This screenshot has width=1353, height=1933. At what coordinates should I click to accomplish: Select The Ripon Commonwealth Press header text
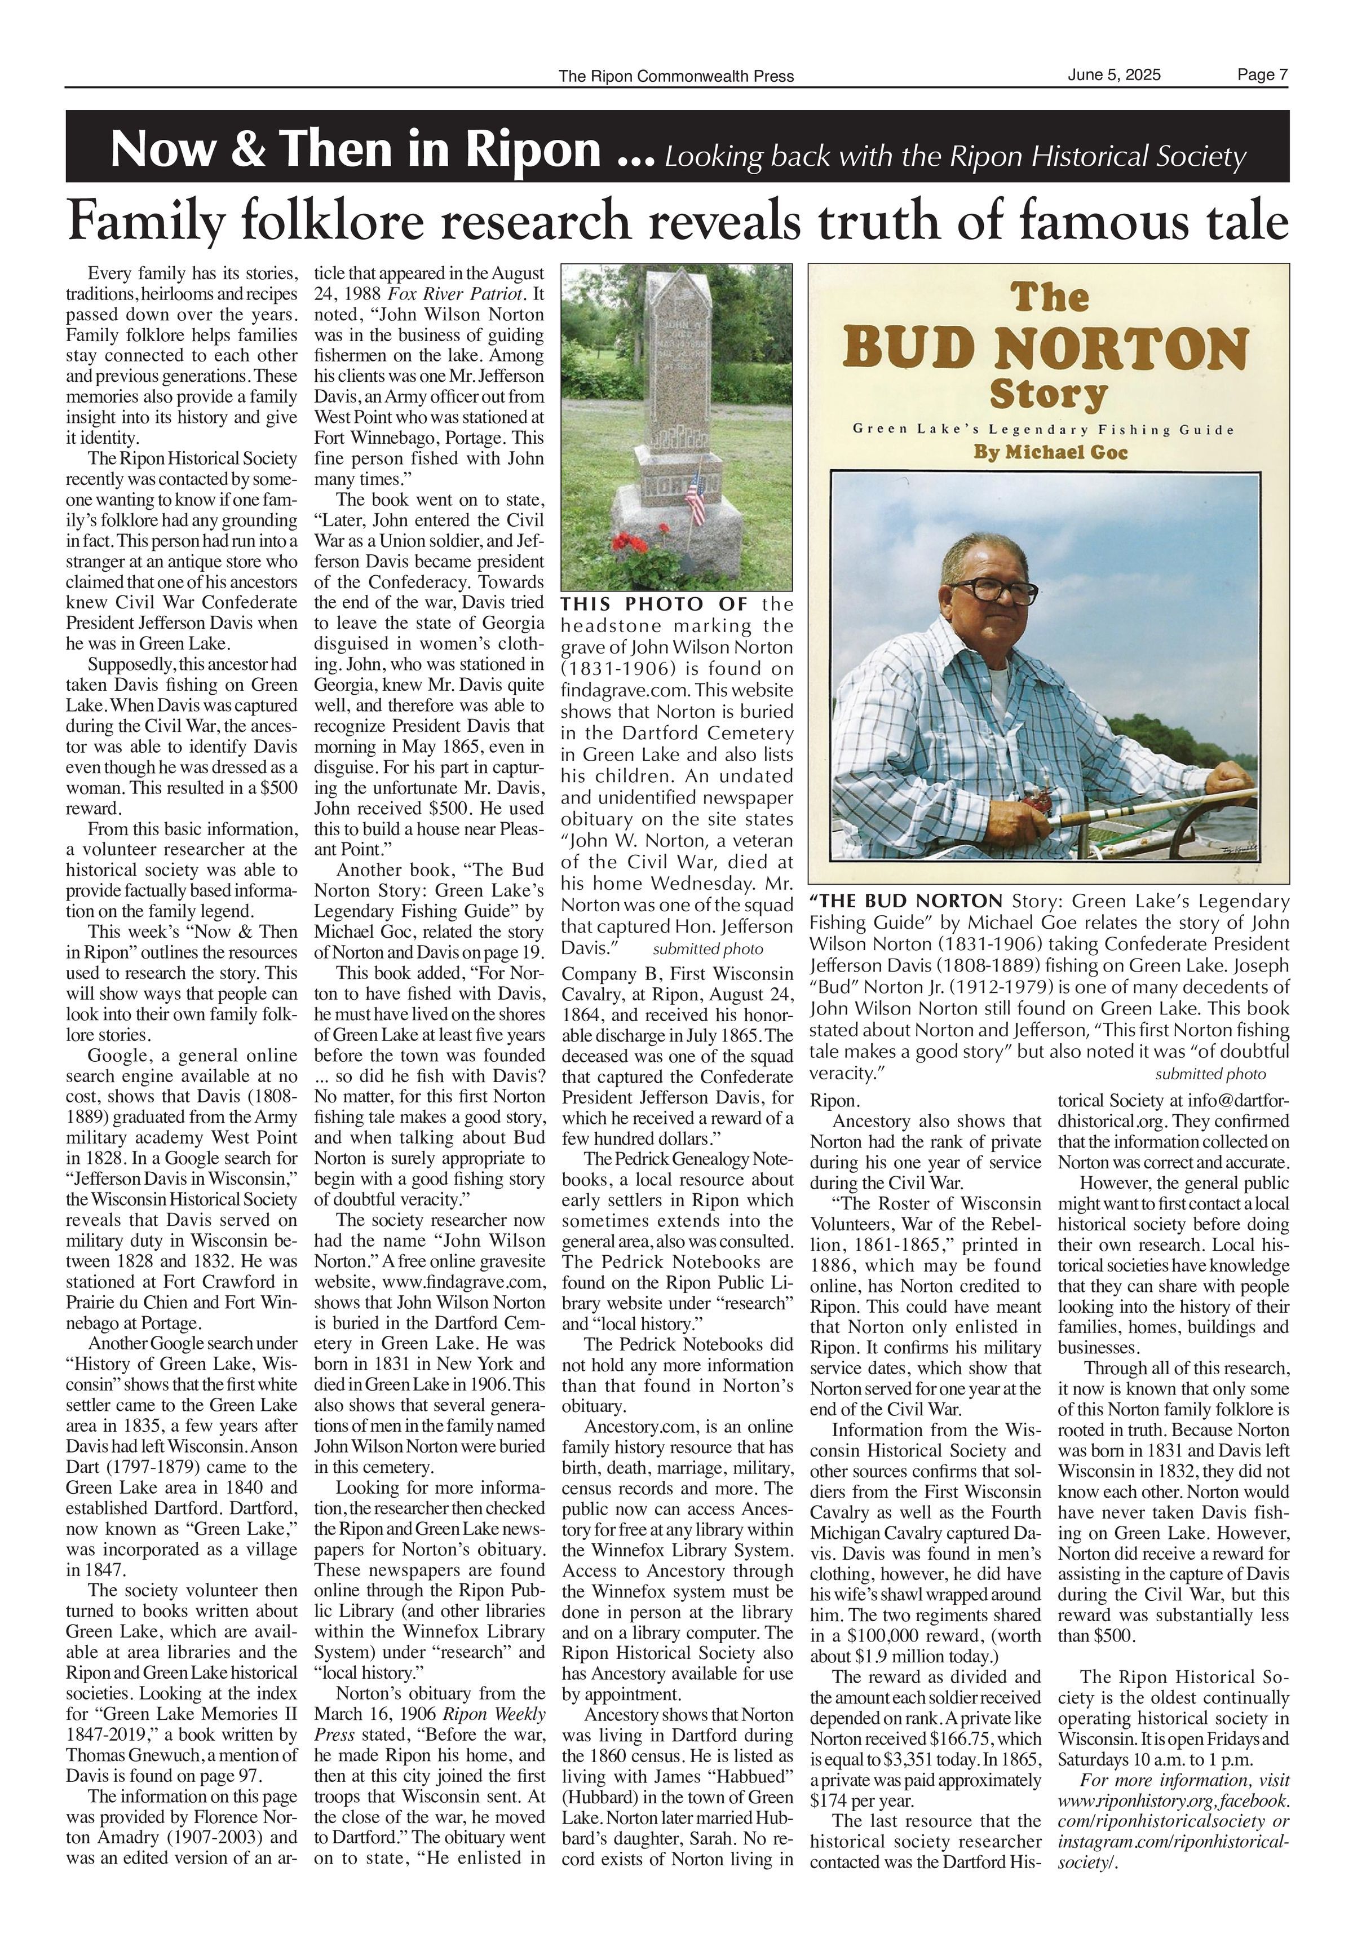click(x=675, y=77)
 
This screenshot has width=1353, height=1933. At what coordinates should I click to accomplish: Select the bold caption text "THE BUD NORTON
click(x=907, y=901)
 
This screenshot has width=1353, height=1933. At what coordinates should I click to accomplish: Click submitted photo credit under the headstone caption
click(x=708, y=949)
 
